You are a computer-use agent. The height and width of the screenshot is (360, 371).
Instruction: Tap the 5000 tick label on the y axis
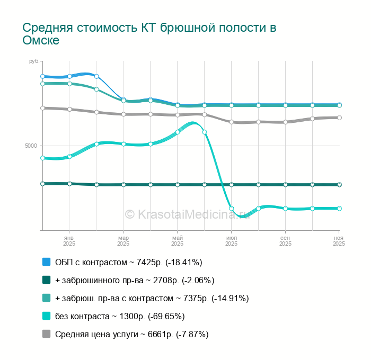(31, 146)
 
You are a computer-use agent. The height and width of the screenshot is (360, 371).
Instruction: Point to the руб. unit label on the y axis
(33, 62)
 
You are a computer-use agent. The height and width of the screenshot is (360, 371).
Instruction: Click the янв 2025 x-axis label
(69, 240)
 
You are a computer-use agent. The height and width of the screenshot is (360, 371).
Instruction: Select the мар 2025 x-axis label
(123, 240)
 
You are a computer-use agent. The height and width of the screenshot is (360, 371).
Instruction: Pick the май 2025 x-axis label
(177, 240)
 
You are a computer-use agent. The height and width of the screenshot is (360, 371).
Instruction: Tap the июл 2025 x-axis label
(231, 240)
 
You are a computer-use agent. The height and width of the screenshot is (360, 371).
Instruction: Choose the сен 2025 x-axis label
(285, 240)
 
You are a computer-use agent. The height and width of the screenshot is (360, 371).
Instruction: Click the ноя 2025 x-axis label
(339, 240)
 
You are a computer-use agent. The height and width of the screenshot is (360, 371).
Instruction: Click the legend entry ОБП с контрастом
(129, 262)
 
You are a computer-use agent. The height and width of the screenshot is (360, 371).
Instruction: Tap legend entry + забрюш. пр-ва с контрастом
(152, 298)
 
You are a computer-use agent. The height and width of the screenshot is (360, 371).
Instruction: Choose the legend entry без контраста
(120, 316)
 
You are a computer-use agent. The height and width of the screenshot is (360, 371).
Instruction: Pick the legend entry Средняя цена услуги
(131, 334)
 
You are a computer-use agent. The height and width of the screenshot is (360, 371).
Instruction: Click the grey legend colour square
(46, 334)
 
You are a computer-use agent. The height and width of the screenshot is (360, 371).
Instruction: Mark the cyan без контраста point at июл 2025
(231, 208)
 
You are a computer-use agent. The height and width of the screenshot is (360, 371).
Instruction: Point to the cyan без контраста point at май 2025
(177, 132)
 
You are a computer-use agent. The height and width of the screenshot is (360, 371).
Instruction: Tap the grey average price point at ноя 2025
(339, 118)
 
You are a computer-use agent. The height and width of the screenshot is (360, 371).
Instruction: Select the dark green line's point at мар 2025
(123, 185)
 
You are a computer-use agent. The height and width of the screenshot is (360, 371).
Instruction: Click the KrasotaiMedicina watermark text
(190, 214)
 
